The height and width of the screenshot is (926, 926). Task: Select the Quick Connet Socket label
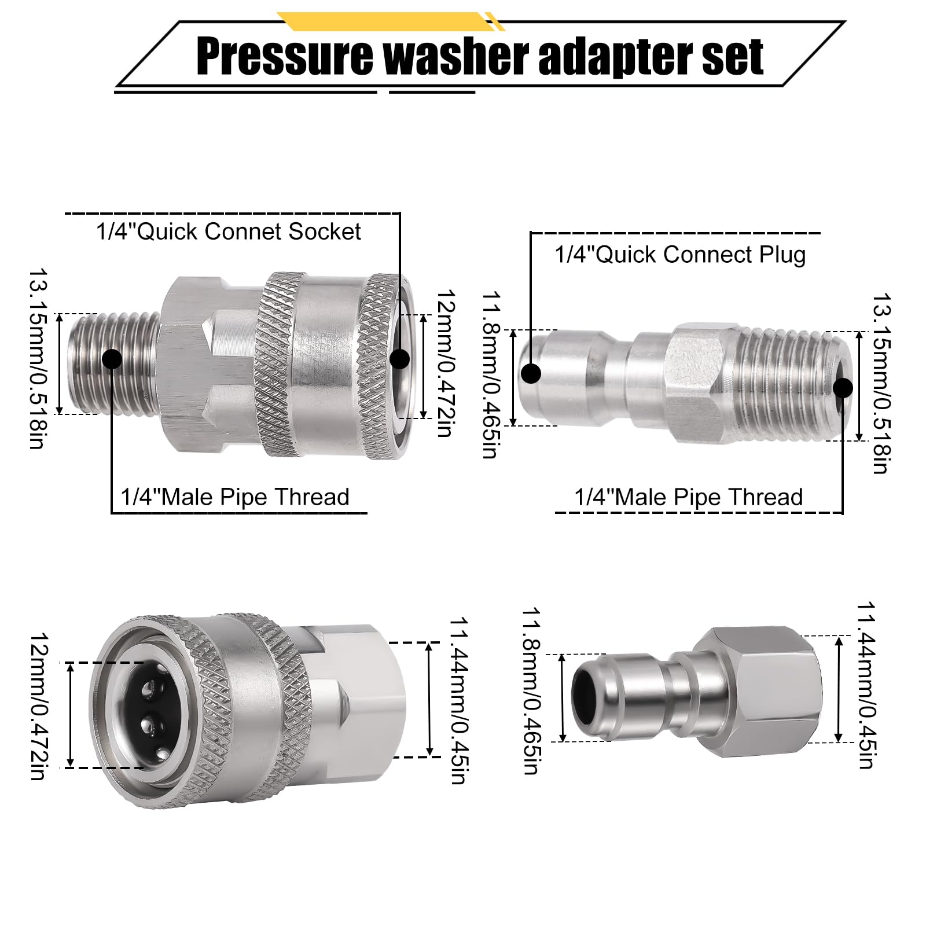[229, 231]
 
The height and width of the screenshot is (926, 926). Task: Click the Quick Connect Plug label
[680, 255]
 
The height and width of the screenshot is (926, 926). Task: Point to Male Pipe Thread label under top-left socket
[235, 497]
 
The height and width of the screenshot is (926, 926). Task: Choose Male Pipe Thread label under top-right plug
[688, 497]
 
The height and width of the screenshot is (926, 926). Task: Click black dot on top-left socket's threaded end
[112, 359]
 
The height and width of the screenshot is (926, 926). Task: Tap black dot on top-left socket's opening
[399, 359]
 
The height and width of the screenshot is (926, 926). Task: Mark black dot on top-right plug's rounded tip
[531, 374]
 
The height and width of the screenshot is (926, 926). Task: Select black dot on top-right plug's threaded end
[843, 387]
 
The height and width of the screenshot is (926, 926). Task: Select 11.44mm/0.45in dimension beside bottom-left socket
[457, 700]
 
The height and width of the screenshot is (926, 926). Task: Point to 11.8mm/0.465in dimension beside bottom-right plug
[531, 692]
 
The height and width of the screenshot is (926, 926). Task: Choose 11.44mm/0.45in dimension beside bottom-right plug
[865, 686]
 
